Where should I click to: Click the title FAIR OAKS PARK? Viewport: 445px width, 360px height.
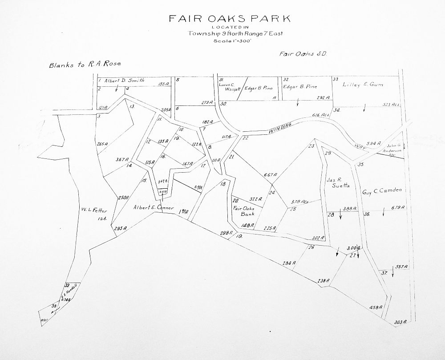point(229,19)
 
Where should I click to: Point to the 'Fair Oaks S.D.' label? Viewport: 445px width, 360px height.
point(303,54)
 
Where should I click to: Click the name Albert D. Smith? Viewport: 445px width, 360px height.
point(124,81)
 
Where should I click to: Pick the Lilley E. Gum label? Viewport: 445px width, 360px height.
point(363,84)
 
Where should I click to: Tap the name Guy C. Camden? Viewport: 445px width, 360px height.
point(382,190)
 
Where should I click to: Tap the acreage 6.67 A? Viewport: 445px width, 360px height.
point(270,174)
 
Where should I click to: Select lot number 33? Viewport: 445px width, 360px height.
point(335,79)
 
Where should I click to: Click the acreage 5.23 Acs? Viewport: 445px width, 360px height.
point(392,105)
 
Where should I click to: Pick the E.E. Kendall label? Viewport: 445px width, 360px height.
point(71,291)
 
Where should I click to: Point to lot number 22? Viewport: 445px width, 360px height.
point(245,138)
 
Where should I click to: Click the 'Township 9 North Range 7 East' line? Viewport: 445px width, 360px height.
point(229,33)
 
